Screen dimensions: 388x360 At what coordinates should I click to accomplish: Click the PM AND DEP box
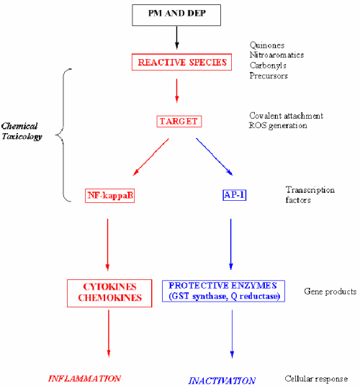coord(176,14)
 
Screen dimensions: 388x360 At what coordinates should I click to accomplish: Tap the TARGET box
coord(176,121)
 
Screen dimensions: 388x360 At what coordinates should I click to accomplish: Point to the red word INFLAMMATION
coord(84,378)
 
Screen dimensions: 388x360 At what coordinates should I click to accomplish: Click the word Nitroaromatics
coord(276,54)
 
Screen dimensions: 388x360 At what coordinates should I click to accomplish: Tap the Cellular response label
coord(317,379)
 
